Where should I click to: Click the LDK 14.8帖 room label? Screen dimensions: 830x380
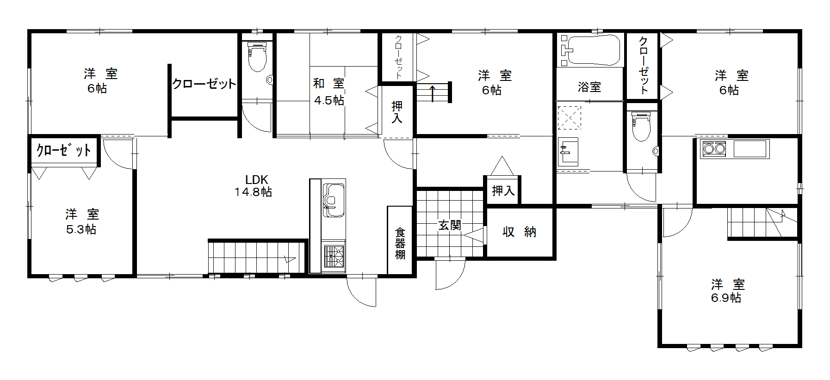[x=253, y=186]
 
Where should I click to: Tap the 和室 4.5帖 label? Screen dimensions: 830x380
[x=329, y=92]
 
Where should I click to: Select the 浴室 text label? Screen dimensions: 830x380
[x=589, y=87]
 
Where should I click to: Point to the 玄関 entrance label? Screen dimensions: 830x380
[x=450, y=225]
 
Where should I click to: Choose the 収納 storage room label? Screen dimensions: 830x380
[x=519, y=232]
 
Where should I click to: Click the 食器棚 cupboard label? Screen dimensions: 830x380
[x=400, y=244]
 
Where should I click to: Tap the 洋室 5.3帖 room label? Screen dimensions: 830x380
[x=82, y=221]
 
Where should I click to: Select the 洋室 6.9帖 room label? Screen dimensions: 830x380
[x=727, y=291]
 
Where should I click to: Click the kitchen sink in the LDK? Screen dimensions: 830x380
[x=334, y=200]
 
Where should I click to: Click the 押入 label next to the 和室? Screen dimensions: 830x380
[x=397, y=112]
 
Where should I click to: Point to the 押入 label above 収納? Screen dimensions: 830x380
[x=503, y=190]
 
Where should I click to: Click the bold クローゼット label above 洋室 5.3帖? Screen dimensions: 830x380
[x=64, y=150]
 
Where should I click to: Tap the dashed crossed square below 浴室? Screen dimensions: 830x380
[x=569, y=118]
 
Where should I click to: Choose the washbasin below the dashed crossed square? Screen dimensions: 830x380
[x=568, y=152]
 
